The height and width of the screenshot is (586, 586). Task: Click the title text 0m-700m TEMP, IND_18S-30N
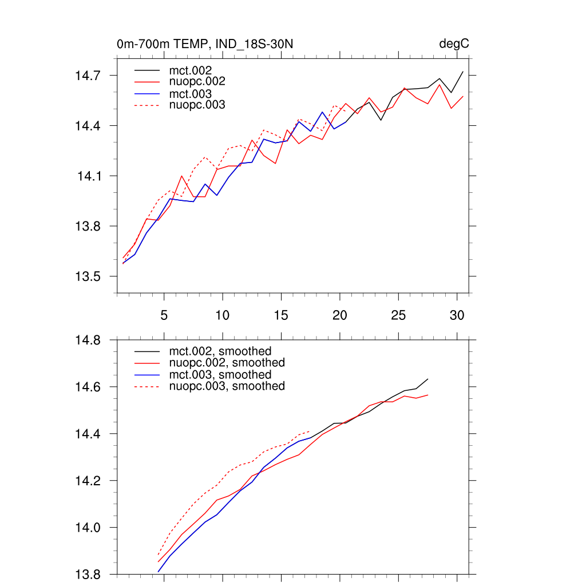pyautogui.click(x=205, y=44)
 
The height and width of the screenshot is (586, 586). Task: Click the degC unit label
pyautogui.click(x=454, y=44)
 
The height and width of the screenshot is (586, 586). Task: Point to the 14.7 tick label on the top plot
pyautogui.click(x=89, y=76)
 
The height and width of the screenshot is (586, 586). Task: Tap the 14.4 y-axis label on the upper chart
pyautogui.click(x=89, y=126)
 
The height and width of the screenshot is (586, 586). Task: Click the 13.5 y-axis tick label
pyautogui.click(x=89, y=277)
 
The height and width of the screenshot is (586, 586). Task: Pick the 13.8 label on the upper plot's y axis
pyautogui.click(x=89, y=227)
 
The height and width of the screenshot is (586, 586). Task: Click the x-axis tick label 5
pyautogui.click(x=164, y=315)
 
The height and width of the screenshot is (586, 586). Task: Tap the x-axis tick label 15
pyautogui.click(x=280, y=315)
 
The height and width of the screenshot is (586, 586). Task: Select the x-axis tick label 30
pyautogui.click(x=456, y=315)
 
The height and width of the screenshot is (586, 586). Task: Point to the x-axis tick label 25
pyautogui.click(x=398, y=315)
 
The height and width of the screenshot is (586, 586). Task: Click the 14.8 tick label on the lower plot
pyautogui.click(x=89, y=340)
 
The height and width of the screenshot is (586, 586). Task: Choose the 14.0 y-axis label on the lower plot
pyautogui.click(x=89, y=528)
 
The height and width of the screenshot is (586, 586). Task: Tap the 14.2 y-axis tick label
pyautogui.click(x=89, y=481)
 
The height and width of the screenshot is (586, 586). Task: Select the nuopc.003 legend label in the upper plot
pyautogui.click(x=197, y=105)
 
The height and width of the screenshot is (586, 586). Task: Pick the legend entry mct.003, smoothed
pyautogui.click(x=220, y=375)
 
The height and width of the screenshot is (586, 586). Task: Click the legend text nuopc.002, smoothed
pyautogui.click(x=227, y=363)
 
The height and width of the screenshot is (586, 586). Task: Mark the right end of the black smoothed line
pyautogui.click(x=428, y=379)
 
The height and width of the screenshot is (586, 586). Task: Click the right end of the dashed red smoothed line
pyautogui.click(x=310, y=431)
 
